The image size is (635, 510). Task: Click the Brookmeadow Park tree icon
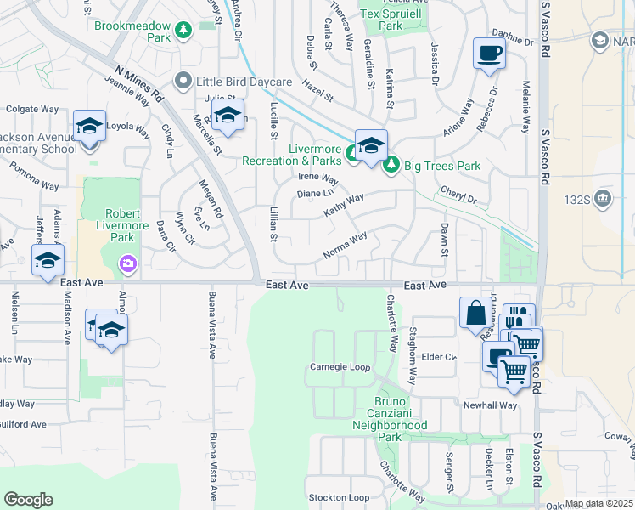pyautogui.click(x=183, y=31)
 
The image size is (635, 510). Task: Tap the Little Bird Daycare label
pyautogui.click(x=244, y=82)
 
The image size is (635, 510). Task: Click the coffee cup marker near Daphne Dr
pyautogui.click(x=488, y=54)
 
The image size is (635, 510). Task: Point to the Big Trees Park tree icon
pyautogui.click(x=391, y=165)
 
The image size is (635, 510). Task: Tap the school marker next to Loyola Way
pyautogui.click(x=89, y=127)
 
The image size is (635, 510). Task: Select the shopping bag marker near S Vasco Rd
pyautogui.click(x=475, y=313)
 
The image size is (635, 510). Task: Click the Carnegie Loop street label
pyautogui.click(x=340, y=367)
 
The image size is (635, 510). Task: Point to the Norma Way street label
pyautogui.click(x=345, y=246)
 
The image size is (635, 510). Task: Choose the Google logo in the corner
pyautogui.click(x=28, y=499)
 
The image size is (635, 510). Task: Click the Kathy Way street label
pyautogui.click(x=343, y=204)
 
